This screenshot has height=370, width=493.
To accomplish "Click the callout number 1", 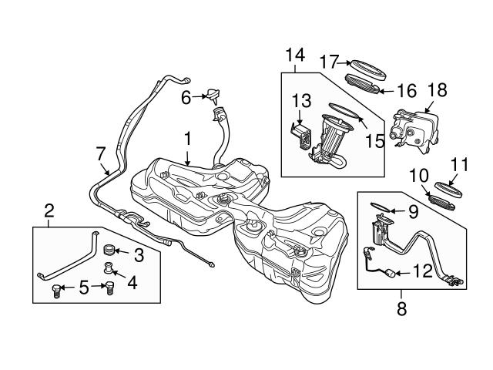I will coord(186,140).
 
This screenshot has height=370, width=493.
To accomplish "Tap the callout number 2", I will coord(49,210).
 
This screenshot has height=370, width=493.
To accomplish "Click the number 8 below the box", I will coord(401,310).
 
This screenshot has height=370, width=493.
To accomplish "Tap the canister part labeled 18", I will coord(414,126).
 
